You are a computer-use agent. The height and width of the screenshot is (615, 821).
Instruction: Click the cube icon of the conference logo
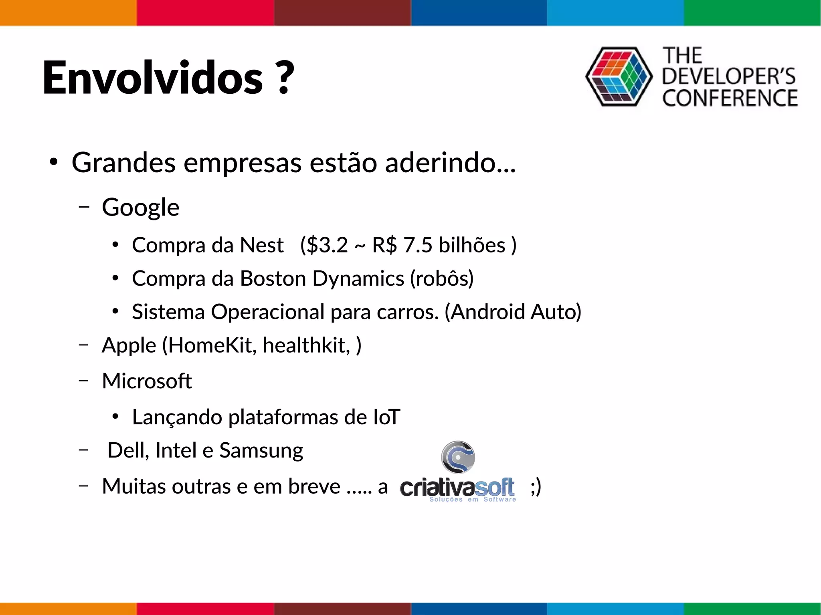point(619,77)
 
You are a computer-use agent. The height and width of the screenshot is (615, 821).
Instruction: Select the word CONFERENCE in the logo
point(730,99)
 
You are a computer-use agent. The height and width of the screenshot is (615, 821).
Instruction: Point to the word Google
point(140,208)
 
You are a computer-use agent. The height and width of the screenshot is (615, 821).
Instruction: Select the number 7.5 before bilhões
point(418,245)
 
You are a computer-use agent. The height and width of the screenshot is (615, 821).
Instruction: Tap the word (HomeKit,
point(209,345)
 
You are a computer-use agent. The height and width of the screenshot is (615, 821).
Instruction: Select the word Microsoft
point(147,381)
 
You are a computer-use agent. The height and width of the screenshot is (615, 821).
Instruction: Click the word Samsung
point(261,450)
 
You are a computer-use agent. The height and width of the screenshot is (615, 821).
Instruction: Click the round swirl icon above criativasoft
point(458,457)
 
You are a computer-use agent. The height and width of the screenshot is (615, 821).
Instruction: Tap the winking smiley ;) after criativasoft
point(536,487)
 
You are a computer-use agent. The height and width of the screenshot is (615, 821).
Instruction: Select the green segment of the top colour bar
point(752,13)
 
